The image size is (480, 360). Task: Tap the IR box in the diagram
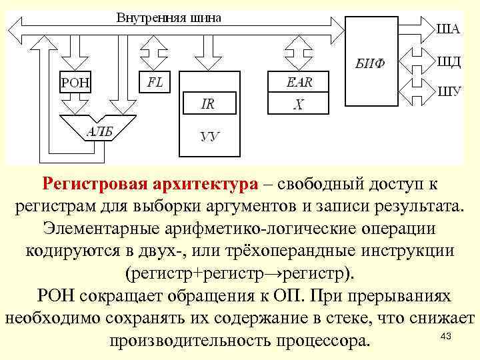pos(207,103)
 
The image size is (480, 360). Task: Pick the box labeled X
pos(299,104)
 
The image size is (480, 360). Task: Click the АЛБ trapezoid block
pos(95,131)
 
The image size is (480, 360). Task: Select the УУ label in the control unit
pos(209,137)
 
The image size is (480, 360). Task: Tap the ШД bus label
pos(449,61)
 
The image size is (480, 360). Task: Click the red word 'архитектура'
pos(203,183)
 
